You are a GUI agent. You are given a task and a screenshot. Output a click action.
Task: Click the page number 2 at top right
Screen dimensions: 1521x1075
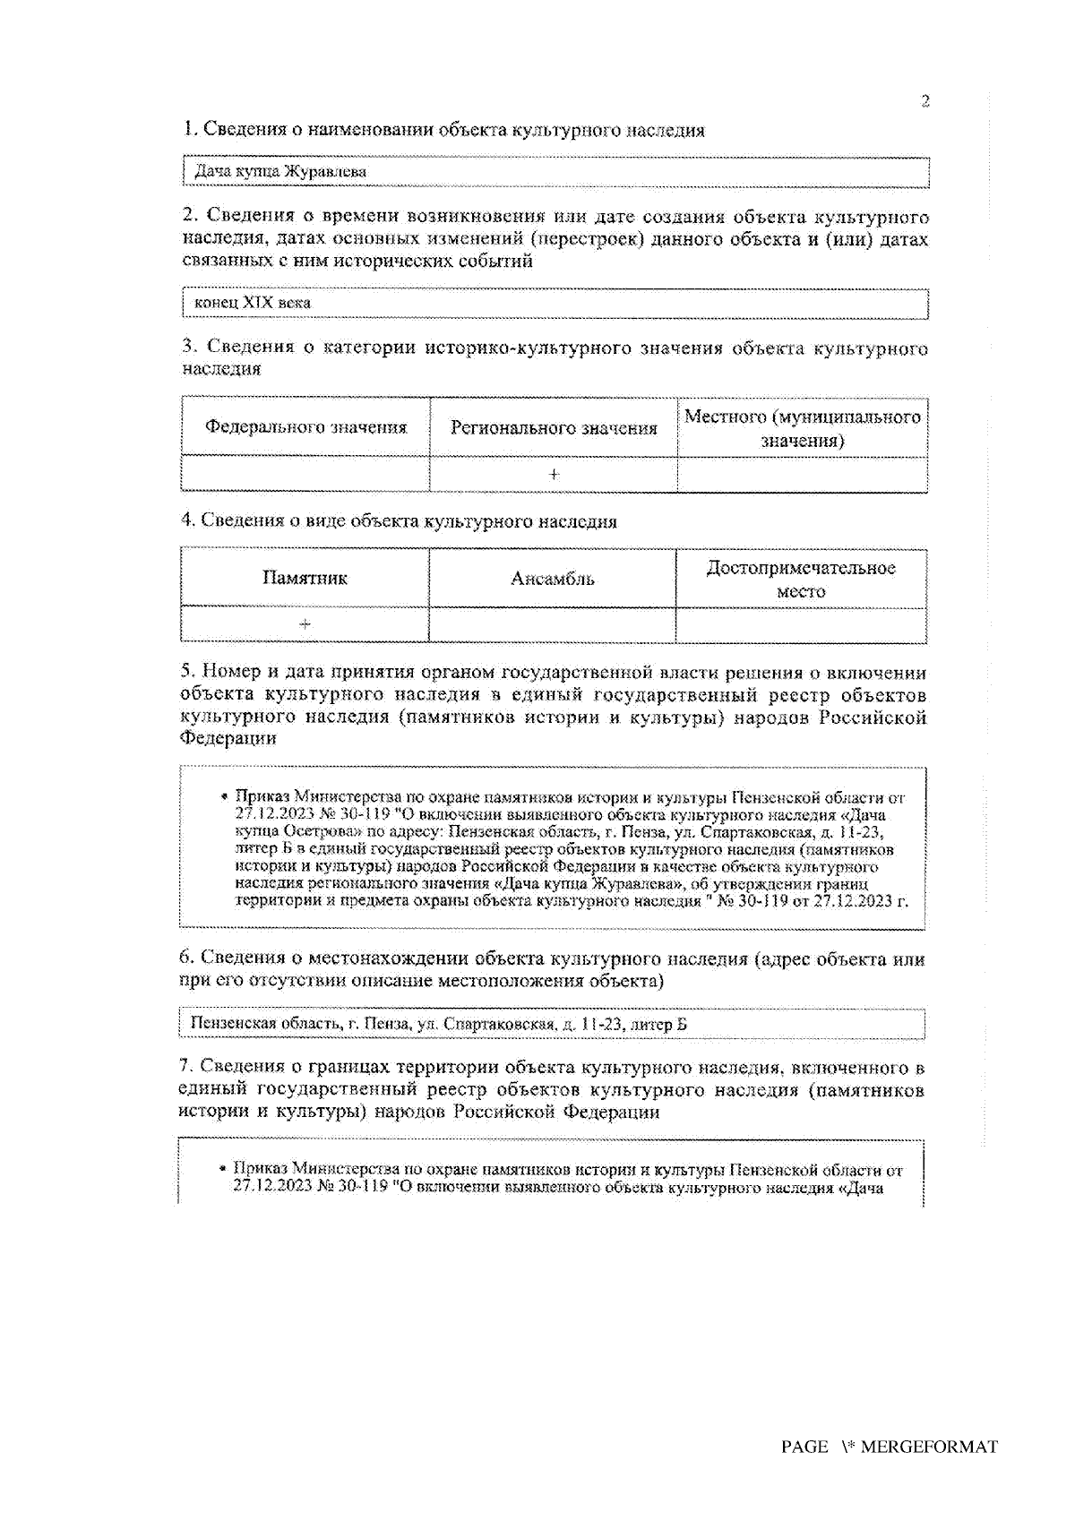tap(925, 101)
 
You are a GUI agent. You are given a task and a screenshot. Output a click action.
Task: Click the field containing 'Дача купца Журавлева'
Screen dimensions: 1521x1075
tap(555, 171)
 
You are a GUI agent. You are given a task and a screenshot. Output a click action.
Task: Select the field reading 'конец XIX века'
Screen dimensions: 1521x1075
tap(555, 303)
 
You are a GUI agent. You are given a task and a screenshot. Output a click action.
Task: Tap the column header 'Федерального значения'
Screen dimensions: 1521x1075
tap(305, 427)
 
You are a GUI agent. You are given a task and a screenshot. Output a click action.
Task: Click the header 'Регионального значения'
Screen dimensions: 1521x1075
tap(554, 428)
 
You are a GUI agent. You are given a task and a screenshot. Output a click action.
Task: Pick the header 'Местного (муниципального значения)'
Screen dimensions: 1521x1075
tap(802, 428)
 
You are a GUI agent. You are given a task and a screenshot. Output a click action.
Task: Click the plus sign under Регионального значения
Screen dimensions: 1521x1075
tap(554, 474)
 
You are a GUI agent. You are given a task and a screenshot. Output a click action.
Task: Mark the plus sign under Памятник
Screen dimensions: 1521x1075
tap(305, 623)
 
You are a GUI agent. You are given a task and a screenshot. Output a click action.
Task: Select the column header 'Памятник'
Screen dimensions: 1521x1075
tap(305, 578)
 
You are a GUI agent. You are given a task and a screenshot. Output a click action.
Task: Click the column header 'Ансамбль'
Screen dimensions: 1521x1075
tap(552, 579)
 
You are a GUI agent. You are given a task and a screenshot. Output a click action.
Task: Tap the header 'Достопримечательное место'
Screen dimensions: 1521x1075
tap(801, 579)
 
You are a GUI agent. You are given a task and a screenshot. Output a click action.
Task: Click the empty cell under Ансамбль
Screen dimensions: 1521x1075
tap(552, 624)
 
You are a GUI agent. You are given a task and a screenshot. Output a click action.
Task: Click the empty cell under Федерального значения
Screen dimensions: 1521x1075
tap(305, 474)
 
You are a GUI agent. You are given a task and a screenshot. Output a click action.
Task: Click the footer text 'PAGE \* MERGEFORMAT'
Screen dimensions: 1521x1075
tap(889, 1447)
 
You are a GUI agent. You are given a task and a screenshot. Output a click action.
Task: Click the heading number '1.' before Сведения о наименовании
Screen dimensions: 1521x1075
tap(190, 129)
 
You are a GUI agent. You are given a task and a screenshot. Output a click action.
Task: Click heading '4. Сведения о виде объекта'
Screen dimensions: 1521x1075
tap(399, 520)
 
